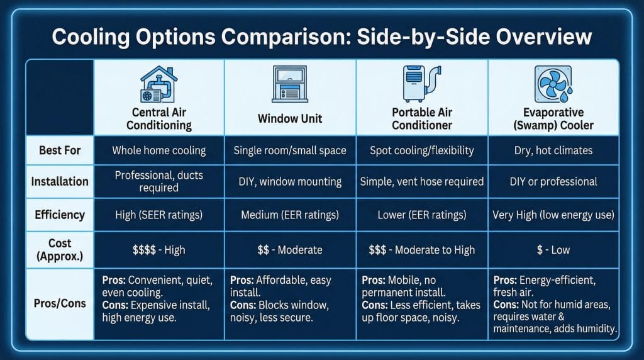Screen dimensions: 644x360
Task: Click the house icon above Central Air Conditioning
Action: coord(159,84)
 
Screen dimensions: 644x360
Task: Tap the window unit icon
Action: coord(290,84)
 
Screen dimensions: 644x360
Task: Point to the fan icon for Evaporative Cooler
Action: coord(553,84)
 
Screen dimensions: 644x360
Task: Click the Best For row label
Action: coord(60,150)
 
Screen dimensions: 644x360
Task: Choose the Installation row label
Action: coord(60,182)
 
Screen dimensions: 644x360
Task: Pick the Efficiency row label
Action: coord(60,215)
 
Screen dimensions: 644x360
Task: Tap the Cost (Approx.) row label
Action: coord(60,250)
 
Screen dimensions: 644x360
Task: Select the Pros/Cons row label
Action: coord(60,304)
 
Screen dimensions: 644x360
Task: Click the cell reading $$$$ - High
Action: coord(159,250)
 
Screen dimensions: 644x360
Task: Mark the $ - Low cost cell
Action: coord(553,250)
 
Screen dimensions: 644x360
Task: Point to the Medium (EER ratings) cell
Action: coord(290,215)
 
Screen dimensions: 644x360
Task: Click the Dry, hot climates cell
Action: coord(553,150)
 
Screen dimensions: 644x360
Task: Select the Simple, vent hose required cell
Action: coord(422,182)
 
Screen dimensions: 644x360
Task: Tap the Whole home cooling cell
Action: coord(159,150)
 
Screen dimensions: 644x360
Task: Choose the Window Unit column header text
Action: coord(290,119)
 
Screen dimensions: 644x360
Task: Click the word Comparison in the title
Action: coord(286,37)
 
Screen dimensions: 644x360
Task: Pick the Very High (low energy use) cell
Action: coord(553,215)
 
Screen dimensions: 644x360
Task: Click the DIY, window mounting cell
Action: coord(290,182)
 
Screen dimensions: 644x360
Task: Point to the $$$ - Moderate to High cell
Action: coord(422,250)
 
